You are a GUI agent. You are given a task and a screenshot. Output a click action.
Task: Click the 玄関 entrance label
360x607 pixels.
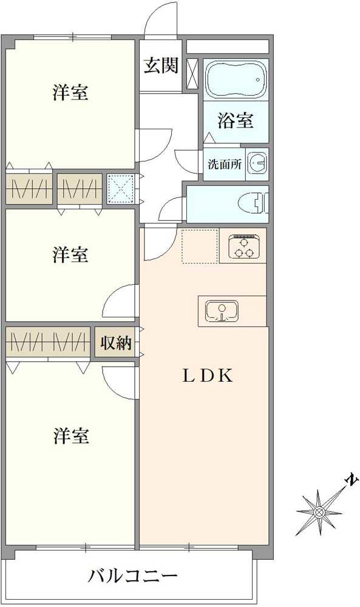tap(160, 66)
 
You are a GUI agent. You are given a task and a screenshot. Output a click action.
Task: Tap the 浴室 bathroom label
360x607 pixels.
tap(236, 121)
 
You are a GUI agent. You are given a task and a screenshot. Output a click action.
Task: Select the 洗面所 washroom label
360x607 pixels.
tap(225, 164)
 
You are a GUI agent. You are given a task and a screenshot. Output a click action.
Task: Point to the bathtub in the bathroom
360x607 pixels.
tap(236, 80)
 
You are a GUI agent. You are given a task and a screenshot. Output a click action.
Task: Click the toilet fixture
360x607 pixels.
tap(256, 203)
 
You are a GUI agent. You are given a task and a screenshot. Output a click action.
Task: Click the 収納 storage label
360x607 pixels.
tap(115, 343)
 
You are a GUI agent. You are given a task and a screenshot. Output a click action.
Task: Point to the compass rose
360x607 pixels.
tap(319, 511)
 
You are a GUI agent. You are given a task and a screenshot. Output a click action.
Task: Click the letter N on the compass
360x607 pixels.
tap(350, 481)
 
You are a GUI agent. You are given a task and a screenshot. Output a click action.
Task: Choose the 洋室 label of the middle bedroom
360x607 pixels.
tap(70, 255)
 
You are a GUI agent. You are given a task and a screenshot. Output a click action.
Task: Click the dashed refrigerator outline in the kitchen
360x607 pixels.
tap(200, 246)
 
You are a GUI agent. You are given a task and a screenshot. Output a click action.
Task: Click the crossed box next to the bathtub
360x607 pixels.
tap(192, 75)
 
